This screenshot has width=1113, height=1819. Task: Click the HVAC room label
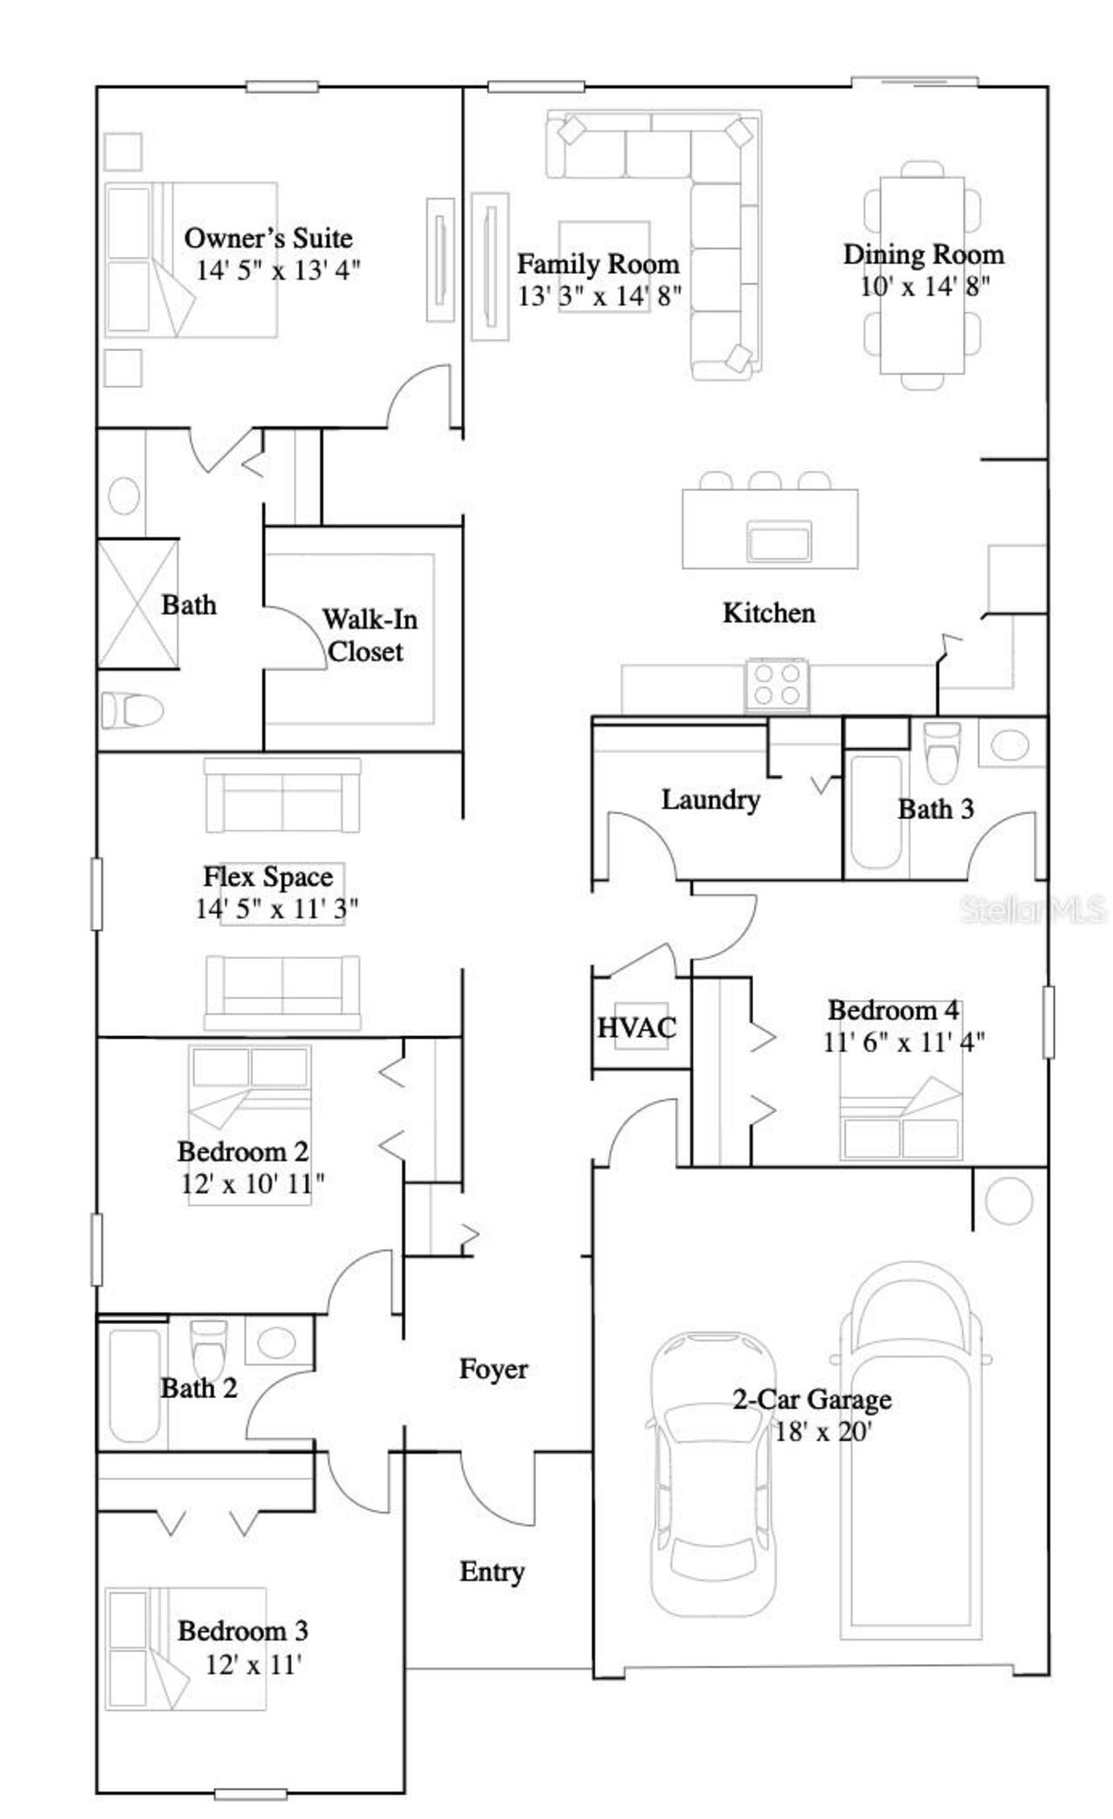(636, 1028)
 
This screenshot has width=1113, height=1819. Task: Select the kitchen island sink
(778, 543)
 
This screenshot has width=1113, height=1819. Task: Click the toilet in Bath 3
(940, 752)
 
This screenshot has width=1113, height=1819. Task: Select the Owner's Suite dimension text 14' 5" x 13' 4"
(277, 270)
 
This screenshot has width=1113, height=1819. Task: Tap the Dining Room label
(923, 255)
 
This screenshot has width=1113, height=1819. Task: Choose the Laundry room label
(710, 800)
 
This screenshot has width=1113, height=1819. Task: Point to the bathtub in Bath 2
(135, 1383)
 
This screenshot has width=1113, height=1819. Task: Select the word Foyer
(493, 1369)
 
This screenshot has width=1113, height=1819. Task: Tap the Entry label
(491, 1572)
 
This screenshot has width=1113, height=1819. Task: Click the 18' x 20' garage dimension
(822, 1432)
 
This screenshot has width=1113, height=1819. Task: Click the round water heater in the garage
(1009, 1201)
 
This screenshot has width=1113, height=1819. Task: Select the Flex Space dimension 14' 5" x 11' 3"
(277, 909)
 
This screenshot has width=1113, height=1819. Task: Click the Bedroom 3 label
(243, 1631)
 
